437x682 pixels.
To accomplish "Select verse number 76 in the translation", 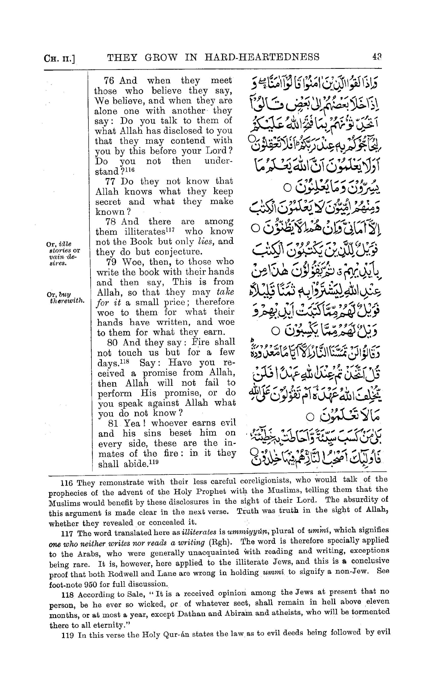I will pyautogui.click(x=109, y=81).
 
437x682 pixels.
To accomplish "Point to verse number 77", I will pyautogui.click(x=110, y=181).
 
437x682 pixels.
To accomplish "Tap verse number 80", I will pyautogui.click(x=112, y=342).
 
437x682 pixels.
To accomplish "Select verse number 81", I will pyautogui.click(x=113, y=423).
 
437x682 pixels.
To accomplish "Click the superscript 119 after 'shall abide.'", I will pyautogui.click(x=153, y=462).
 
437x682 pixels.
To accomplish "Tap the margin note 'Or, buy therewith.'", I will pyautogui.click(x=66, y=298).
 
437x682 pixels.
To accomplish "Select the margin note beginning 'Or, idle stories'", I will pyautogui.click(x=63, y=253).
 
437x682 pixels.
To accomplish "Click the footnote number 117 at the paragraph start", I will pyautogui.click(x=67, y=534).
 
